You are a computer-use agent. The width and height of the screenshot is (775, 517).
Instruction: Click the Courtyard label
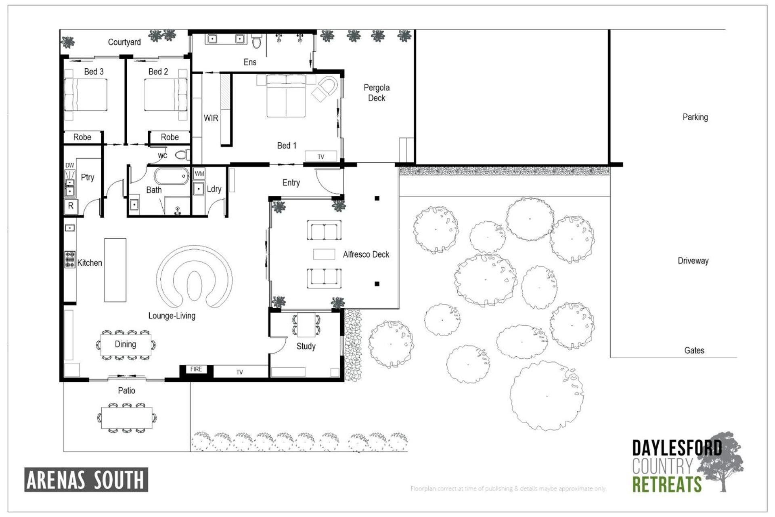point(124,42)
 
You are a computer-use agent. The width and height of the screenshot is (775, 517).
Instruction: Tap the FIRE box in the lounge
point(196,369)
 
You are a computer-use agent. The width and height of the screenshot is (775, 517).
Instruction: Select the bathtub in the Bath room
point(172,176)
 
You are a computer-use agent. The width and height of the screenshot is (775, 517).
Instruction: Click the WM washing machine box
point(199,174)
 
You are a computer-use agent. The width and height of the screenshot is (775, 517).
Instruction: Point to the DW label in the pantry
point(70,165)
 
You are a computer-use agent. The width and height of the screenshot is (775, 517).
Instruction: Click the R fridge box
point(71,206)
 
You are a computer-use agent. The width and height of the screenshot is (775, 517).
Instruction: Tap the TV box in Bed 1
point(321,156)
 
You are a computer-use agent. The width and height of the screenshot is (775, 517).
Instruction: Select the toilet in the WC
point(182,155)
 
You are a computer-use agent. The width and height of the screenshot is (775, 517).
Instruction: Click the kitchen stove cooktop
point(70,259)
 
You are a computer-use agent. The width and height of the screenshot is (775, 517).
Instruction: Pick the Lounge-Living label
point(172,316)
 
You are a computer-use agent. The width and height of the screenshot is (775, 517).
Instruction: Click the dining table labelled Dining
point(126,344)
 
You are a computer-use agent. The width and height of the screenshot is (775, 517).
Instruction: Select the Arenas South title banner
point(86,480)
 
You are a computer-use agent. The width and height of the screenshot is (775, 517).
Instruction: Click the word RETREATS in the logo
point(667,484)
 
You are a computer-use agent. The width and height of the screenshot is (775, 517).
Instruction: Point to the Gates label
point(694,351)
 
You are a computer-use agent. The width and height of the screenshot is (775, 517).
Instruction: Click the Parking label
point(695,117)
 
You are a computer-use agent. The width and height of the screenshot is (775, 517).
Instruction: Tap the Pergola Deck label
point(377,93)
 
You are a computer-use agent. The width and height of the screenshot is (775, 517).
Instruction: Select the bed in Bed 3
point(86,95)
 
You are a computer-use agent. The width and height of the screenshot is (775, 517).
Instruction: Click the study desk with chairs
point(306,325)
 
